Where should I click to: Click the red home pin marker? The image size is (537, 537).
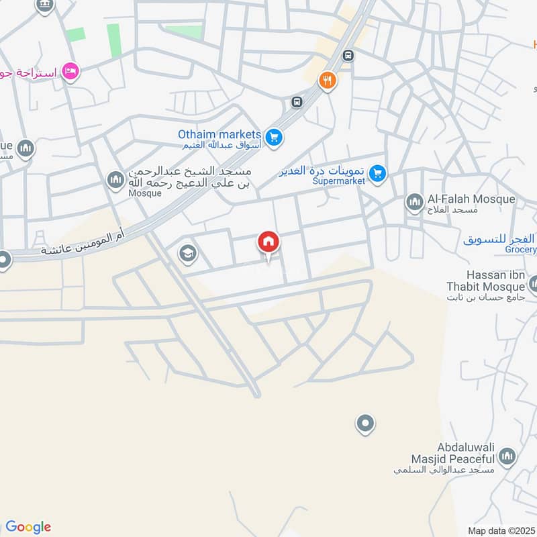point(268,242)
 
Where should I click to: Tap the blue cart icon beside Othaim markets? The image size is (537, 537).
point(273,138)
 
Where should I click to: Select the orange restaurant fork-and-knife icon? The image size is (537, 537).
point(328,81)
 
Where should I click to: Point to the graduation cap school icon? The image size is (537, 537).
point(186,253)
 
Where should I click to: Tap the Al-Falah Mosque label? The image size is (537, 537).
point(471,199)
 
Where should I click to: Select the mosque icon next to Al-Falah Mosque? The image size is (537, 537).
point(413,201)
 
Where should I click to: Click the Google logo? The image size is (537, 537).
point(28,527)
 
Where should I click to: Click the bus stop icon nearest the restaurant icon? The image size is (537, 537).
point(348,55)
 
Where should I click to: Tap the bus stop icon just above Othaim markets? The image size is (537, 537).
point(297,102)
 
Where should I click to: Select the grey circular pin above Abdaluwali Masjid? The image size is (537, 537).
point(364,424)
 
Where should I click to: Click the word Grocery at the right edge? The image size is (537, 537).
point(521,250)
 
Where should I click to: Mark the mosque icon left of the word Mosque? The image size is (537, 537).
point(115,179)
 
